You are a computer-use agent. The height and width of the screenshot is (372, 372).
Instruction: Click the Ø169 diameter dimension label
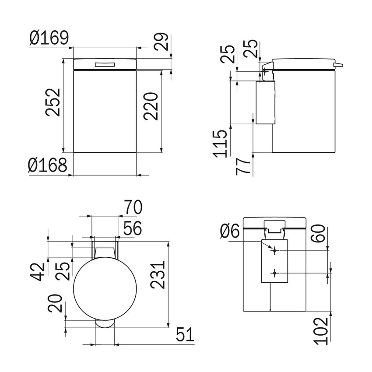click(x=49, y=39)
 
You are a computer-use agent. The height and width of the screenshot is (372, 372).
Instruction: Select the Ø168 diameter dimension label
click(x=48, y=165)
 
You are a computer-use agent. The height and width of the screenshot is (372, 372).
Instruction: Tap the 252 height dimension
click(x=53, y=102)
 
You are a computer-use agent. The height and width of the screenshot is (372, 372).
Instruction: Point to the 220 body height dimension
click(x=151, y=106)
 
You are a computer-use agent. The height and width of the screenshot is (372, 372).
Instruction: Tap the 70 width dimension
click(x=132, y=207)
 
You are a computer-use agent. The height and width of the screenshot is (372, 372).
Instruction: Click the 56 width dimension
click(x=133, y=228)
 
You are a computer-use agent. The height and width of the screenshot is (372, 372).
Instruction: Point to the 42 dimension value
click(x=39, y=271)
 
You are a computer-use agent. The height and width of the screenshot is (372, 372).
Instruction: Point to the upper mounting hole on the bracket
click(x=275, y=251)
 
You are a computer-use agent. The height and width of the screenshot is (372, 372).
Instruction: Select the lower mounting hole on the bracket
click(x=275, y=273)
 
